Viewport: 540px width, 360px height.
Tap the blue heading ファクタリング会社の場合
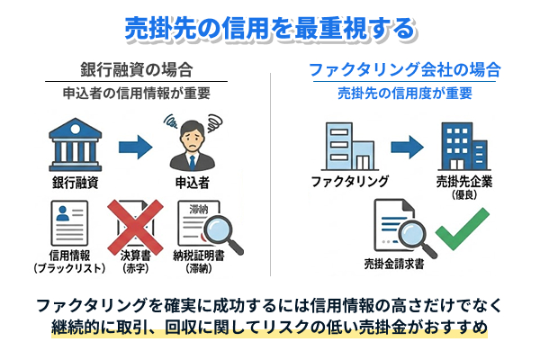[x=405, y=69]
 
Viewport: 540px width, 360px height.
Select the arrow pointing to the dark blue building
[x=407, y=145]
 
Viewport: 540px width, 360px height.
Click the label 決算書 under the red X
[x=136, y=257]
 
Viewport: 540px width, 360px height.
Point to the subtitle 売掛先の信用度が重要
[x=405, y=93]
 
